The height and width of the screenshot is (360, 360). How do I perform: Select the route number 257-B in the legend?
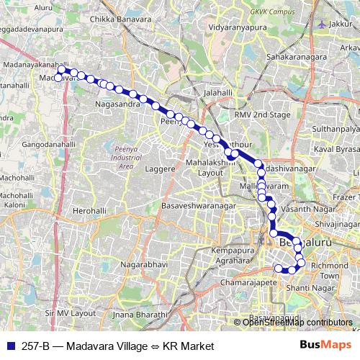tap(32, 346)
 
